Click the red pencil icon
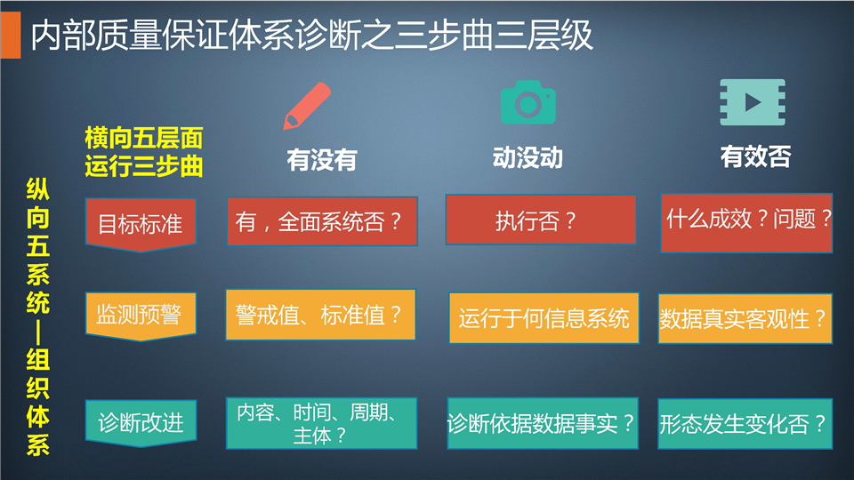[x=307, y=106]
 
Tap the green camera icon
[x=528, y=102]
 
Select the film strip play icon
[x=753, y=102]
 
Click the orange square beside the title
[x=11, y=36]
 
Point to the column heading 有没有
[x=322, y=160]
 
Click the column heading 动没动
[x=528, y=158]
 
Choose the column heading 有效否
[x=755, y=156]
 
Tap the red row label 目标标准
[x=141, y=225]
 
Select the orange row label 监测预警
[x=141, y=316]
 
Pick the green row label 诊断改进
[x=141, y=423]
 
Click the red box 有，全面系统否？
[x=322, y=221]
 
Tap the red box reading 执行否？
[x=541, y=220]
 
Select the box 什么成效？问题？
[x=746, y=222]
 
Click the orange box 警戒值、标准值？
[x=321, y=315]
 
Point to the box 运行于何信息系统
[x=544, y=318]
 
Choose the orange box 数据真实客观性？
[x=745, y=318]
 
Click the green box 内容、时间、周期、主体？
[x=322, y=423]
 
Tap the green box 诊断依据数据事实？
[x=543, y=423]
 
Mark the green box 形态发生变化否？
[x=745, y=424]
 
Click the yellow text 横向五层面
[x=144, y=138]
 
